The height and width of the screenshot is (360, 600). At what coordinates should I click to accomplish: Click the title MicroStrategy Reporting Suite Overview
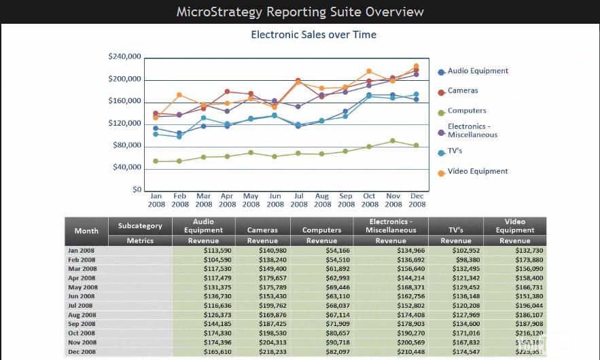tap(300, 12)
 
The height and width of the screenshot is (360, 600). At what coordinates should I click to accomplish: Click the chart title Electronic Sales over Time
tap(313, 35)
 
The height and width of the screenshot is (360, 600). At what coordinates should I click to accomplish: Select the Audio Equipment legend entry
tap(477, 71)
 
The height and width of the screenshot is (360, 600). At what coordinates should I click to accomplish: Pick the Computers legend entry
tap(466, 111)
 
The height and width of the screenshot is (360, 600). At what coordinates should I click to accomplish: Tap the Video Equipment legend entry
tap(477, 172)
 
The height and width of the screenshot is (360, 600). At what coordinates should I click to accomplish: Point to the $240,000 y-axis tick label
tap(124, 56)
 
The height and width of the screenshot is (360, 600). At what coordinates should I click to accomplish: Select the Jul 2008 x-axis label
tap(298, 200)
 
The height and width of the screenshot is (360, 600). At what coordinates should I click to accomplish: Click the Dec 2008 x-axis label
tap(417, 200)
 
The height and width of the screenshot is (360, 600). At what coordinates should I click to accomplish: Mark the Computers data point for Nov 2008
tap(393, 141)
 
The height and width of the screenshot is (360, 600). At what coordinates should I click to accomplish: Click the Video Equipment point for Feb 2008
tap(179, 95)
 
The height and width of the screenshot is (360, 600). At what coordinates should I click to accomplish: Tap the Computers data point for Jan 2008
tap(156, 161)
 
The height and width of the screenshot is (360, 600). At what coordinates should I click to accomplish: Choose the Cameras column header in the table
tap(262, 230)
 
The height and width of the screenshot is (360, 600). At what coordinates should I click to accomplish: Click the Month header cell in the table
tap(86, 231)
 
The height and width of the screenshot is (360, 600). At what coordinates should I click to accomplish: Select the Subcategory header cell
tap(140, 226)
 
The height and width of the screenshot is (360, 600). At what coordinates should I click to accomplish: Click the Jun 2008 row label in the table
tap(82, 296)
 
